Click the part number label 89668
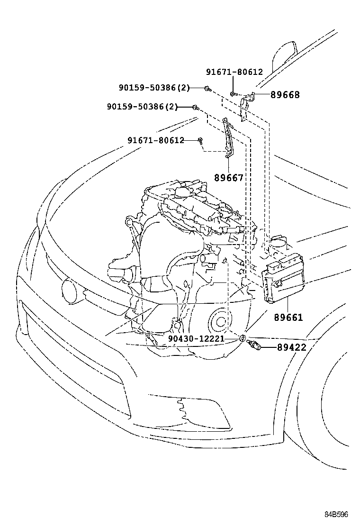click(285, 95)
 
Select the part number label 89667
click(228, 178)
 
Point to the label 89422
click(291, 348)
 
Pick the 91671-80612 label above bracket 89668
click(234, 72)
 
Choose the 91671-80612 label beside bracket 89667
click(155, 140)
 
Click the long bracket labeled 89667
click(228, 137)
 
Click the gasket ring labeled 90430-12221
click(242, 338)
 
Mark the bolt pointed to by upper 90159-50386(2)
click(207, 88)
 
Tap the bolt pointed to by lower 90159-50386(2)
click(195, 108)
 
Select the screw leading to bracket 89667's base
click(201, 140)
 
